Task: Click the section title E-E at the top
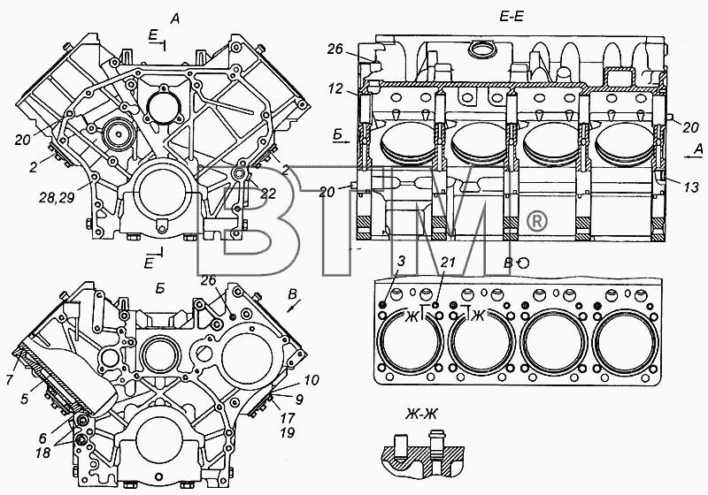[x=511, y=17]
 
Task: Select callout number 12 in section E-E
[x=335, y=89]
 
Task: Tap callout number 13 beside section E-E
[x=691, y=187]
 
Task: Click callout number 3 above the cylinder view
[x=402, y=261]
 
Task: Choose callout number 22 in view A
[x=267, y=193]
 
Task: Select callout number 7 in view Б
[x=10, y=378]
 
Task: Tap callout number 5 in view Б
[x=26, y=399]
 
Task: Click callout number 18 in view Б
[x=43, y=453]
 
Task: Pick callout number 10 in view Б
[x=311, y=379]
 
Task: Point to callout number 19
[x=287, y=433]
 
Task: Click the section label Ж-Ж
[x=420, y=414]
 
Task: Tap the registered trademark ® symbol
[x=537, y=221]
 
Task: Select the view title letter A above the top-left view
[x=174, y=19]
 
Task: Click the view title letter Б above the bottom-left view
[x=160, y=289]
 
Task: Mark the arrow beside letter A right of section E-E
[x=690, y=157]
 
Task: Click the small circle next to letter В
[x=523, y=263]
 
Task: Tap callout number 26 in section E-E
[x=335, y=49]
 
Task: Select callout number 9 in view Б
[x=299, y=399]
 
